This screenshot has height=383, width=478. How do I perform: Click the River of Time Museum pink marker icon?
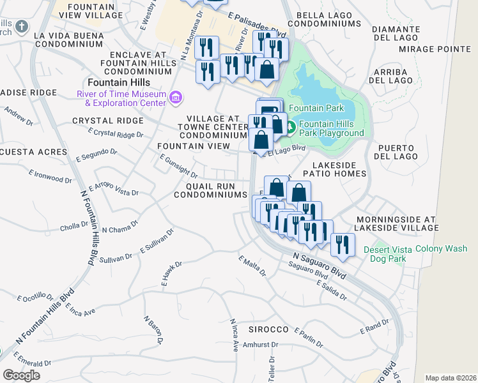pyautogui.click(x=175, y=97)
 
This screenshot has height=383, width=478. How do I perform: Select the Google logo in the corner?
pyautogui.click(x=21, y=375)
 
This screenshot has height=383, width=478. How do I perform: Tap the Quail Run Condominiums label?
pyautogui.click(x=210, y=190)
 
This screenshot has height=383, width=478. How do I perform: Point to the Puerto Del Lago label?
pyautogui.click(x=397, y=151)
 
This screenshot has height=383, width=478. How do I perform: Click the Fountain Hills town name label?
pyautogui.click(x=119, y=82)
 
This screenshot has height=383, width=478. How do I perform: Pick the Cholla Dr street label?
pyautogui.click(x=73, y=225)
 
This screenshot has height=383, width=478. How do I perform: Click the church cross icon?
pyautogui.click(x=22, y=27)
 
